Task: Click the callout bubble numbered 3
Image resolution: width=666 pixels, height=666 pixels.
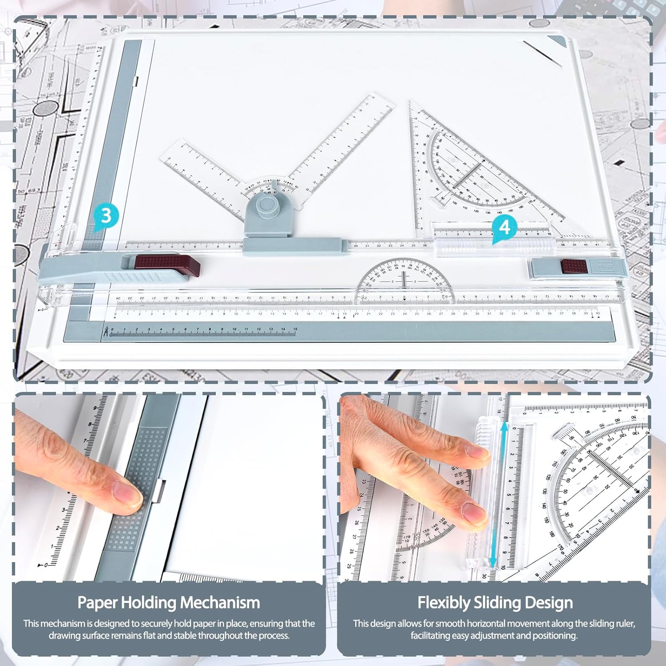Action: (x=106, y=216)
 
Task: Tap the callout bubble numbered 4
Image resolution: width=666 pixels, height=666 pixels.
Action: (x=504, y=227)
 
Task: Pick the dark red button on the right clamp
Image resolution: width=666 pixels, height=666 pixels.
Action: (x=573, y=266)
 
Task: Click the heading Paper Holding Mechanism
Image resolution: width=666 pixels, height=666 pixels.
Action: (x=168, y=603)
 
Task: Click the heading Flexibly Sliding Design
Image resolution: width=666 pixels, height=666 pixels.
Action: (x=495, y=603)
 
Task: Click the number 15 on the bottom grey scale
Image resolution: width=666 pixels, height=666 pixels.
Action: (x=295, y=329)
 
